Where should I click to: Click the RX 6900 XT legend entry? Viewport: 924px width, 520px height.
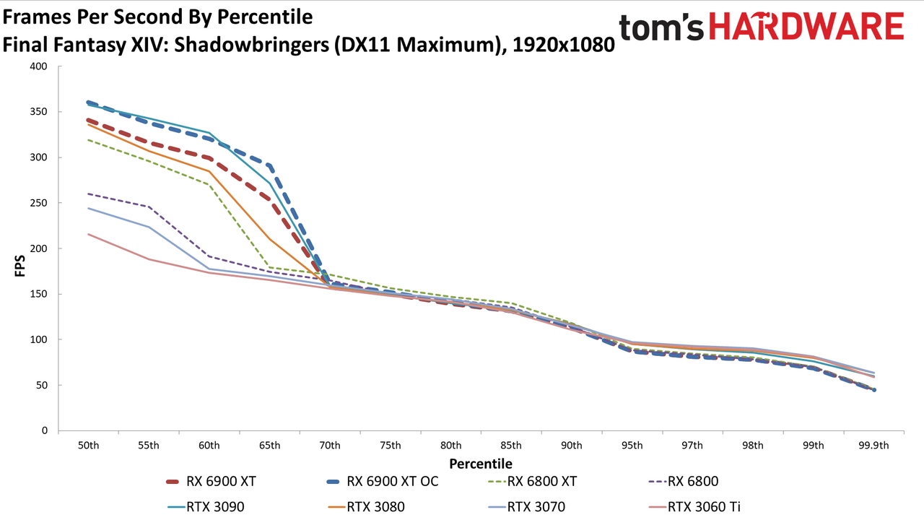[x=211, y=482]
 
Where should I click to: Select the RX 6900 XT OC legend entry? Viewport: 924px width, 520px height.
[x=382, y=482]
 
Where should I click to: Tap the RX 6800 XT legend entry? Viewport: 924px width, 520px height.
[x=532, y=482]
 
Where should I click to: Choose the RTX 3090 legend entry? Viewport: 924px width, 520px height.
[x=206, y=507]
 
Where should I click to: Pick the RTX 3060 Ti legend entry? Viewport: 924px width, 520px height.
[x=694, y=507]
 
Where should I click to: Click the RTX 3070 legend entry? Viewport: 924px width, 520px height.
[x=526, y=507]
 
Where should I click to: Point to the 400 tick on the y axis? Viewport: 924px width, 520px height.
[x=39, y=66]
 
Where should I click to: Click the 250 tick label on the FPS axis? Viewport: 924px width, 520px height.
[x=39, y=203]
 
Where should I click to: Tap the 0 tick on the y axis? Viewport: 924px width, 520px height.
[x=45, y=430]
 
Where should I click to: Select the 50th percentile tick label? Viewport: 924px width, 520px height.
[x=88, y=446]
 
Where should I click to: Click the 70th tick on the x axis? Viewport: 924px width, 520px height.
[x=330, y=446]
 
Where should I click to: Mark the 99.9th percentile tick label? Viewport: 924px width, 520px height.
[x=873, y=446]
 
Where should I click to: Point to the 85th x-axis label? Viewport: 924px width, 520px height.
[x=510, y=446]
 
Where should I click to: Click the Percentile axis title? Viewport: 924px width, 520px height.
[x=481, y=464]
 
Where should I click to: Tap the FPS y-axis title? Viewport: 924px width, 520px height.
[x=19, y=266]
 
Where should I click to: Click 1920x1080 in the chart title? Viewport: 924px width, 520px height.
[x=564, y=45]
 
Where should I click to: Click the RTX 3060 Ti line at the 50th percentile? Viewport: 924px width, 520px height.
[x=88, y=234]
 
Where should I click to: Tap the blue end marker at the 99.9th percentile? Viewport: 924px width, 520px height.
[x=874, y=389]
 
